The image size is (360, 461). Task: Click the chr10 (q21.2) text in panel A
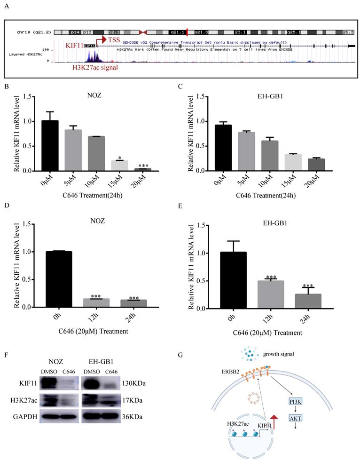29,32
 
